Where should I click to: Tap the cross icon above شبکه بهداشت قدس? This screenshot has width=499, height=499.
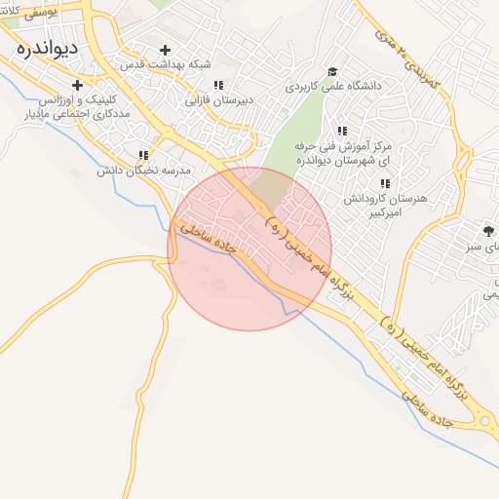pos(165,50)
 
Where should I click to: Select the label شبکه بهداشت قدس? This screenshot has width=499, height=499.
pos(166,64)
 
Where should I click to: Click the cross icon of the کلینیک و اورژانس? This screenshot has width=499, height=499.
pos(77,85)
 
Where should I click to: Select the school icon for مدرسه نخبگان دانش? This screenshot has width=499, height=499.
pos(144,155)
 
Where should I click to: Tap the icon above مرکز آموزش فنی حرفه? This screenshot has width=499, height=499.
pos(341,131)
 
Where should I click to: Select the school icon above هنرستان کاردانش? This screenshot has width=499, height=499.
pos(385,182)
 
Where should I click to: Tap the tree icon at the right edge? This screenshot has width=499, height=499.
pos(487,231)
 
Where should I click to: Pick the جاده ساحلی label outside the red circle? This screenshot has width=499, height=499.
pos(427,408)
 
